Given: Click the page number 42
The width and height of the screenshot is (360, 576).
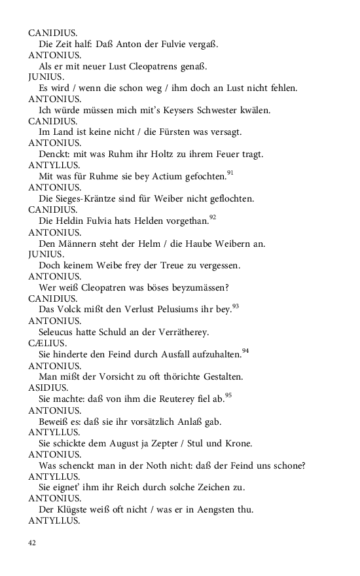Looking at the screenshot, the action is [x=33, y=543].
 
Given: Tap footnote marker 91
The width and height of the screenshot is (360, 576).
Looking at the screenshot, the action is [x=230, y=173].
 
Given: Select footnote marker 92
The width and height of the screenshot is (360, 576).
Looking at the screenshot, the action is [x=213, y=217].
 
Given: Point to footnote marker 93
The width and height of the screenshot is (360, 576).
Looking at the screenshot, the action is [x=236, y=306].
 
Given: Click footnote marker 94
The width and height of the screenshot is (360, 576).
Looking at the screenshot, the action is [x=245, y=351].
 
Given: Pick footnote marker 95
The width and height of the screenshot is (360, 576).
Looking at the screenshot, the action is [x=228, y=395].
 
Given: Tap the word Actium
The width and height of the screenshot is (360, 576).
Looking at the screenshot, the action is [x=158, y=176].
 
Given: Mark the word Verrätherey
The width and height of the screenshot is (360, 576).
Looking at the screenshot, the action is [x=179, y=332].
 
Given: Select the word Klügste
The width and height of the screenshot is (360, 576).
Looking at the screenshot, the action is [x=74, y=509].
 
